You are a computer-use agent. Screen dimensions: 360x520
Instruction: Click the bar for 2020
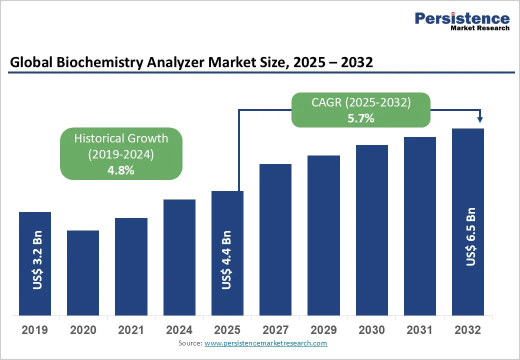tap(83, 272)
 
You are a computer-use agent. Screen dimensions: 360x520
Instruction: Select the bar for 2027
tap(275, 239)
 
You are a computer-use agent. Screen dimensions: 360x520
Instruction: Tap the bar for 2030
tap(371, 230)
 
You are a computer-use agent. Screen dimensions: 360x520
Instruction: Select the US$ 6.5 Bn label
tap(470, 236)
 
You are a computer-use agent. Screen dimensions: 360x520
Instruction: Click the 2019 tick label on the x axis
tap(35, 330)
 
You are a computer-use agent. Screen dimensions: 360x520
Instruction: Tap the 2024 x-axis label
tap(179, 330)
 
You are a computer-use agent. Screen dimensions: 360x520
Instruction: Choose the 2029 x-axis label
tap(323, 330)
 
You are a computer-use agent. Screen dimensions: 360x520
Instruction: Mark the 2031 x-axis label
tap(419, 330)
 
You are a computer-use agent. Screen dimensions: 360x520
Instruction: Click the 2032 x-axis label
tap(467, 330)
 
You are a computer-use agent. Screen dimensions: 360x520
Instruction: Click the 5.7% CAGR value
tap(360, 118)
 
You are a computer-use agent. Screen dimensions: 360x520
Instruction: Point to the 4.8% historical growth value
tap(121, 170)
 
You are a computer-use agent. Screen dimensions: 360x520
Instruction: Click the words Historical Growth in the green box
tap(121, 138)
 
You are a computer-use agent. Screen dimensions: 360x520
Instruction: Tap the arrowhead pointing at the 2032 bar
tap(480, 119)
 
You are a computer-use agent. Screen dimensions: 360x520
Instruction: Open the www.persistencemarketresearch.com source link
tap(265, 343)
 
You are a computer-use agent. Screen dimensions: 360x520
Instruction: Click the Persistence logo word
tap(462, 18)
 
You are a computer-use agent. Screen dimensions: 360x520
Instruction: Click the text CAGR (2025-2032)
tap(360, 102)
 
